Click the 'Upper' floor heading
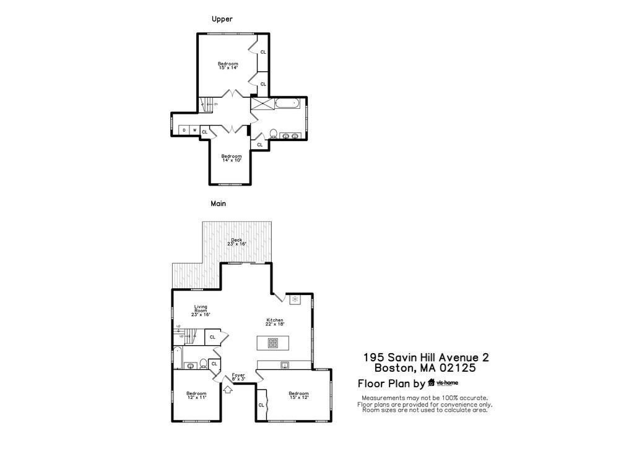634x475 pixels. pos(222,19)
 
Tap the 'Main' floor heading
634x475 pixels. pos(218,203)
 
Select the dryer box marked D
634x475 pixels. pos(184,130)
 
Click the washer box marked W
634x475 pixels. pos(194,130)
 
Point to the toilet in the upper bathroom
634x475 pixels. pos(273,133)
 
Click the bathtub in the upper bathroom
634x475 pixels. pos(287,103)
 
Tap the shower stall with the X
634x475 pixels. pos(261,103)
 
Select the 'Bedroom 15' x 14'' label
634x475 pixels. pos(227,66)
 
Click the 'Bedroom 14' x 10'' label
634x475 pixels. pos(232,158)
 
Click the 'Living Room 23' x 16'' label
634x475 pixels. pos(201,310)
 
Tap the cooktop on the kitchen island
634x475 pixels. pos(272,343)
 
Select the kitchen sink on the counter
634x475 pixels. pos(285,365)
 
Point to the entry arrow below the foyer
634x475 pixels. pos(227,390)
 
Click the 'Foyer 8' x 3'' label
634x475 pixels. pos(238,377)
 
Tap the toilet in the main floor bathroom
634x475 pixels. pos(203,364)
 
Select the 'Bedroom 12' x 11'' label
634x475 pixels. pos(196,395)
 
